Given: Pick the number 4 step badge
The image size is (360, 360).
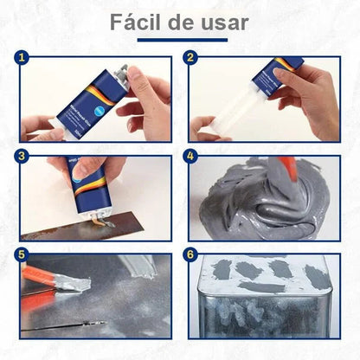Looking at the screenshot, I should pos(191,157).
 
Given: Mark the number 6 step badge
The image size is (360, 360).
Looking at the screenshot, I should pos(191,256).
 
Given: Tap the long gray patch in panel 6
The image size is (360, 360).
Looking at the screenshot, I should pos(264,286).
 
